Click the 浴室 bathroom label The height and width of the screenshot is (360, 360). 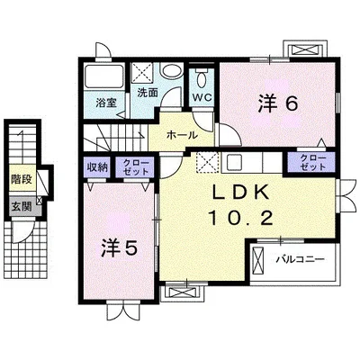(106, 103)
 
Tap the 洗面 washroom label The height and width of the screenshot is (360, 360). (147, 93)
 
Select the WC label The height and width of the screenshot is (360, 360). (202, 97)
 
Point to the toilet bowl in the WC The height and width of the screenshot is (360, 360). (202, 78)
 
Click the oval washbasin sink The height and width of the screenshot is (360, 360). (171, 71)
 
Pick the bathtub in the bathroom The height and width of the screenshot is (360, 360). (103, 77)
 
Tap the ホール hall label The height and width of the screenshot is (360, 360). (182, 135)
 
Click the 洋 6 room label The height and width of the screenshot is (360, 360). (278, 103)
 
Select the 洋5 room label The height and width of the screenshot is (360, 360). (120, 248)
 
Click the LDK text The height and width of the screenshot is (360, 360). (241, 192)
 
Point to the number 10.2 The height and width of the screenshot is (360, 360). (241, 218)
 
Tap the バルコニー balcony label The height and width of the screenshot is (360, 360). (300, 259)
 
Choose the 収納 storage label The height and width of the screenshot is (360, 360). (97, 167)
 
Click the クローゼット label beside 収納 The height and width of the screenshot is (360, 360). (136, 167)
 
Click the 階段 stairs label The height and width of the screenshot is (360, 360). (22, 179)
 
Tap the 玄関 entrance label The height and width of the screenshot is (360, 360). (22, 206)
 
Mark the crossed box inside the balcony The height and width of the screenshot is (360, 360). (257, 260)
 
